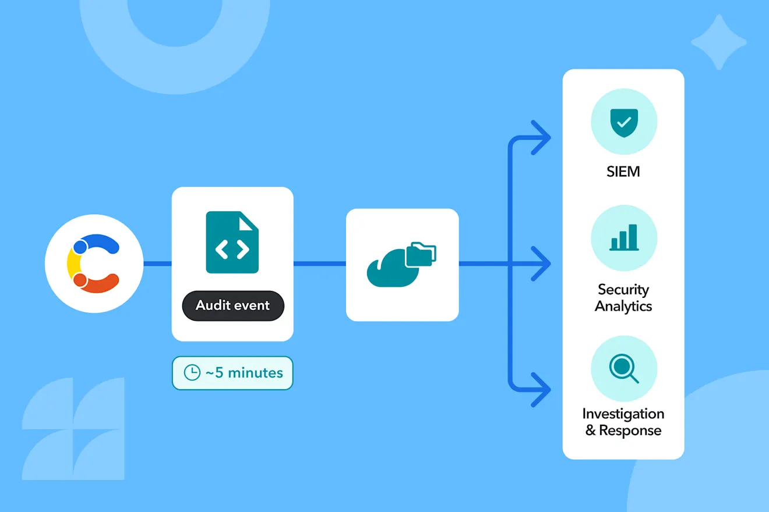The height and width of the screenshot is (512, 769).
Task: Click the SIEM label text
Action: click(623, 172)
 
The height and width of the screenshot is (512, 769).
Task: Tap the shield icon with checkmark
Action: click(624, 123)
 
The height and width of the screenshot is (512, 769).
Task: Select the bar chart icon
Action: click(624, 237)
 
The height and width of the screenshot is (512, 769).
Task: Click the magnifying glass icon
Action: click(624, 368)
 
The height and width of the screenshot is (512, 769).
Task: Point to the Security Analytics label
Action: click(623, 298)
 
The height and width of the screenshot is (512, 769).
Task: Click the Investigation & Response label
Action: click(623, 422)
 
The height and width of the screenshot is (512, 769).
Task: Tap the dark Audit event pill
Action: click(233, 305)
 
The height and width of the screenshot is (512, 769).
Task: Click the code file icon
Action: click(232, 242)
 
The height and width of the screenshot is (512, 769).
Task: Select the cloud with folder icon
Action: click(401, 264)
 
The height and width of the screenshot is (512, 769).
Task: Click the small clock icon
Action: click(192, 372)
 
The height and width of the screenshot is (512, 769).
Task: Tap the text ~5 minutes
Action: click(244, 373)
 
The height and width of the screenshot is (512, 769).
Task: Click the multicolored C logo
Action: click(93, 264)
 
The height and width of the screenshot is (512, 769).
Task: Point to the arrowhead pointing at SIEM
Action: click(541, 137)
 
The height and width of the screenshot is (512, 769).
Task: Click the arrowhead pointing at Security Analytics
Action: click(541, 264)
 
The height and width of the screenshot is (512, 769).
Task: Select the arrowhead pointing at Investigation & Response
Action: click(541, 390)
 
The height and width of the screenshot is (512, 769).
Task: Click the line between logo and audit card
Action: click(157, 264)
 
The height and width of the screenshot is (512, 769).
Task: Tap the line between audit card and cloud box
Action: click(320, 264)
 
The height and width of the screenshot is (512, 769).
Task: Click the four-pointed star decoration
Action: click(718, 42)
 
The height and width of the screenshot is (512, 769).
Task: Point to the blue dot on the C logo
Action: click(80, 247)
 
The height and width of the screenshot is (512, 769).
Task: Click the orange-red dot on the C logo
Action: click(80, 280)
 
